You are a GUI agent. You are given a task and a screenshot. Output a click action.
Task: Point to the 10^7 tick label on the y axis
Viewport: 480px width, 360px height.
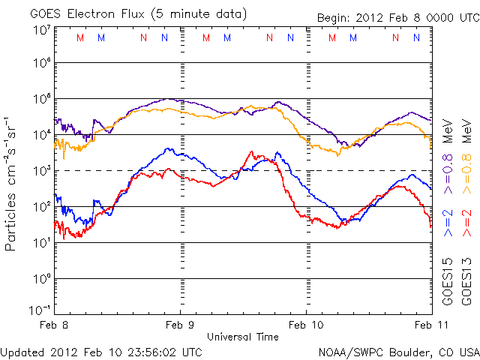[x=41, y=31]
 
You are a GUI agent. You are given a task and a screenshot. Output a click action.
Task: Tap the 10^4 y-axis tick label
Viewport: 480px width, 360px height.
[x=41, y=134]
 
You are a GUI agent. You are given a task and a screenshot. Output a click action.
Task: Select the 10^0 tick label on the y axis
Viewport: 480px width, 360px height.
[x=41, y=278]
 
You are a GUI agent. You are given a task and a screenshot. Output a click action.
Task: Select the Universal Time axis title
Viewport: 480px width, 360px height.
[x=242, y=337]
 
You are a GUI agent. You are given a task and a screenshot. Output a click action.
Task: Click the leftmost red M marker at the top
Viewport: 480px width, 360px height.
[x=81, y=37]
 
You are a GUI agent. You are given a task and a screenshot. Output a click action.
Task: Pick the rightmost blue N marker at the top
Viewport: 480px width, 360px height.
[x=416, y=37]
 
